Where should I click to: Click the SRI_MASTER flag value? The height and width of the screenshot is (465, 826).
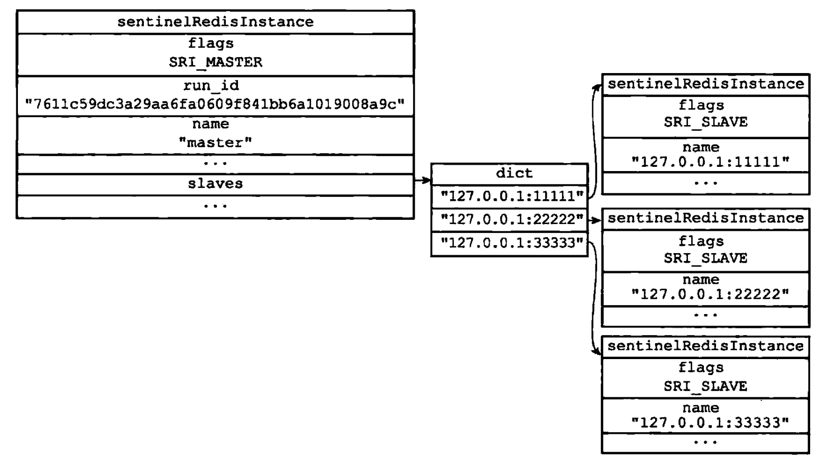point(215,62)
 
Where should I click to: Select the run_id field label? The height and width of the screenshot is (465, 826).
point(211,86)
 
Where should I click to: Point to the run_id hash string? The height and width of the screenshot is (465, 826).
point(215,104)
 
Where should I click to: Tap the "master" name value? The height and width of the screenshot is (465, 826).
point(215,142)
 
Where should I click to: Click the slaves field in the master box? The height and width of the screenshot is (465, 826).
point(215,184)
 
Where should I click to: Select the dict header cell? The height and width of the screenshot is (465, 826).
point(515,173)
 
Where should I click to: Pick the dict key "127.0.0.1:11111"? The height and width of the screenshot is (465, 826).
point(512,196)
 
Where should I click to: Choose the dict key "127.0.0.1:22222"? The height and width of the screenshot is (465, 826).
point(512,219)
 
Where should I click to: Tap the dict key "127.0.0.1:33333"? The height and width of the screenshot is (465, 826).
point(512,243)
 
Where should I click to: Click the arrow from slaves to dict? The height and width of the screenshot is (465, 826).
point(423,180)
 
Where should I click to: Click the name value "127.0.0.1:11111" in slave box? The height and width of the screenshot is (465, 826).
point(710,162)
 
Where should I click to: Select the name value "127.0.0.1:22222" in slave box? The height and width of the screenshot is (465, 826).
point(710,294)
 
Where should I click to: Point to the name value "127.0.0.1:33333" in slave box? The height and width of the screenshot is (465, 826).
point(710,422)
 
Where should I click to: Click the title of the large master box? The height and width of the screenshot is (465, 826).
point(215,22)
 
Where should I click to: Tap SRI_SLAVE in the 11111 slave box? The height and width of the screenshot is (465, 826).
point(706,122)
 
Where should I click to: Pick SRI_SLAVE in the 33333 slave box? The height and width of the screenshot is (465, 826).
point(706,386)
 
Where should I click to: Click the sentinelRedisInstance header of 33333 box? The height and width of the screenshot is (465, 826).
point(706,346)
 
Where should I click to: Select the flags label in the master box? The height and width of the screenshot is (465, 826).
point(211,43)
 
